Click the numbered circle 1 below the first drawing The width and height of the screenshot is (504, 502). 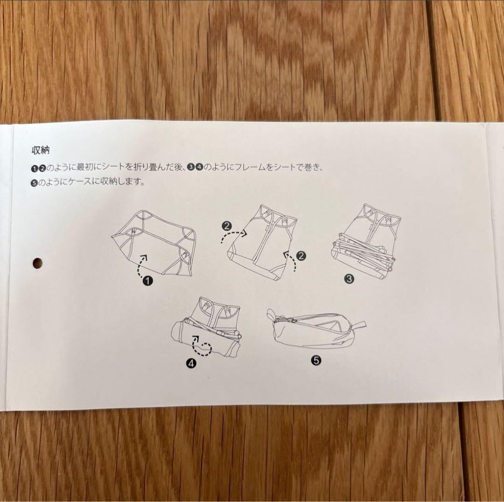point(148,280)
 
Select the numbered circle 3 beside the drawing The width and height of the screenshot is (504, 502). point(349,279)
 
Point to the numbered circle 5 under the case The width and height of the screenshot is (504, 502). point(315,360)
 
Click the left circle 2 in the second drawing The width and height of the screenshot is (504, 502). point(227,227)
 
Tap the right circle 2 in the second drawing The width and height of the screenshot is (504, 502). point(301,255)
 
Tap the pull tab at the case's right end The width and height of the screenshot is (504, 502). point(360,325)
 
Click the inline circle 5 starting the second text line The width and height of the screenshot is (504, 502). point(34,183)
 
